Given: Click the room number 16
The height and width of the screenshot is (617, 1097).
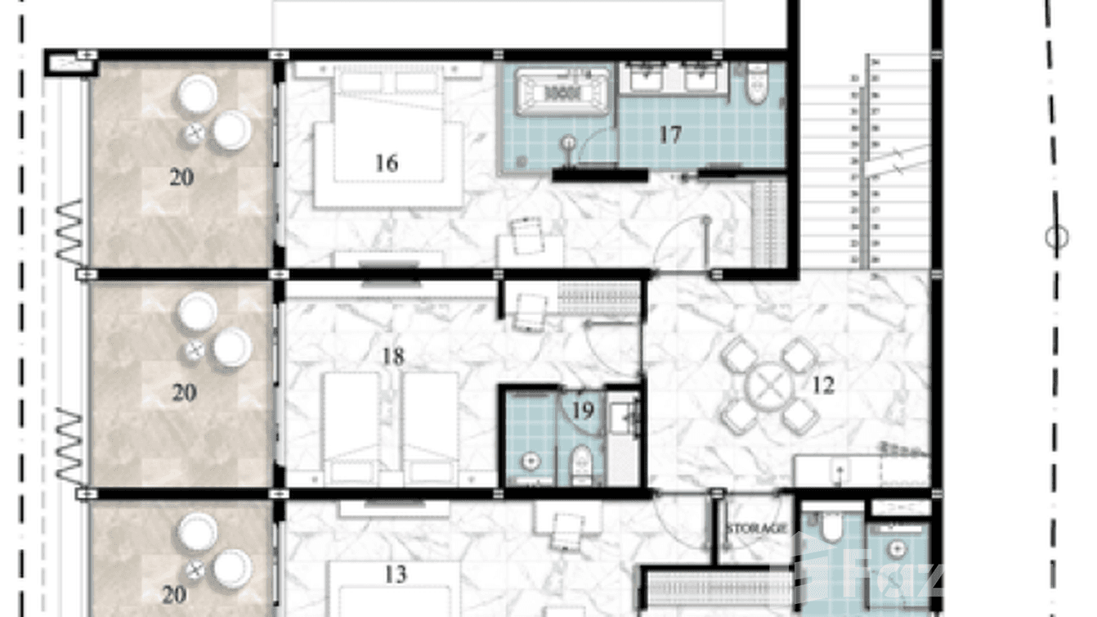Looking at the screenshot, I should (386, 163).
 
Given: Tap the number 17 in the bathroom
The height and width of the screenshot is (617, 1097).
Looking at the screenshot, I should (669, 134).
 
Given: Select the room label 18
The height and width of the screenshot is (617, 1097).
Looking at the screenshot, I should (393, 357).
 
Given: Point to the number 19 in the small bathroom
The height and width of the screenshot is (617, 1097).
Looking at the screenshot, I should (583, 410).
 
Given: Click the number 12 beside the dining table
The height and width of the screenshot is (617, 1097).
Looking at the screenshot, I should (823, 385).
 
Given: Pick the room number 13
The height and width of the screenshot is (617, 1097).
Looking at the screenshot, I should (395, 574).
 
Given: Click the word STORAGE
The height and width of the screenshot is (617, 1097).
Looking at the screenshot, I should (756, 529).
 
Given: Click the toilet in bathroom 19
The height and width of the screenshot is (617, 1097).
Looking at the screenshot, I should (582, 462).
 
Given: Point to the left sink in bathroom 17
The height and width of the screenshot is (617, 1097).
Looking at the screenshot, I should (650, 79).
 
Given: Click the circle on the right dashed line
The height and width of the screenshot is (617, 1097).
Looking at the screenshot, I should (1056, 238).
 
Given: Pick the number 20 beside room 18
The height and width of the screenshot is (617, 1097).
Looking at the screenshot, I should (184, 393).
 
